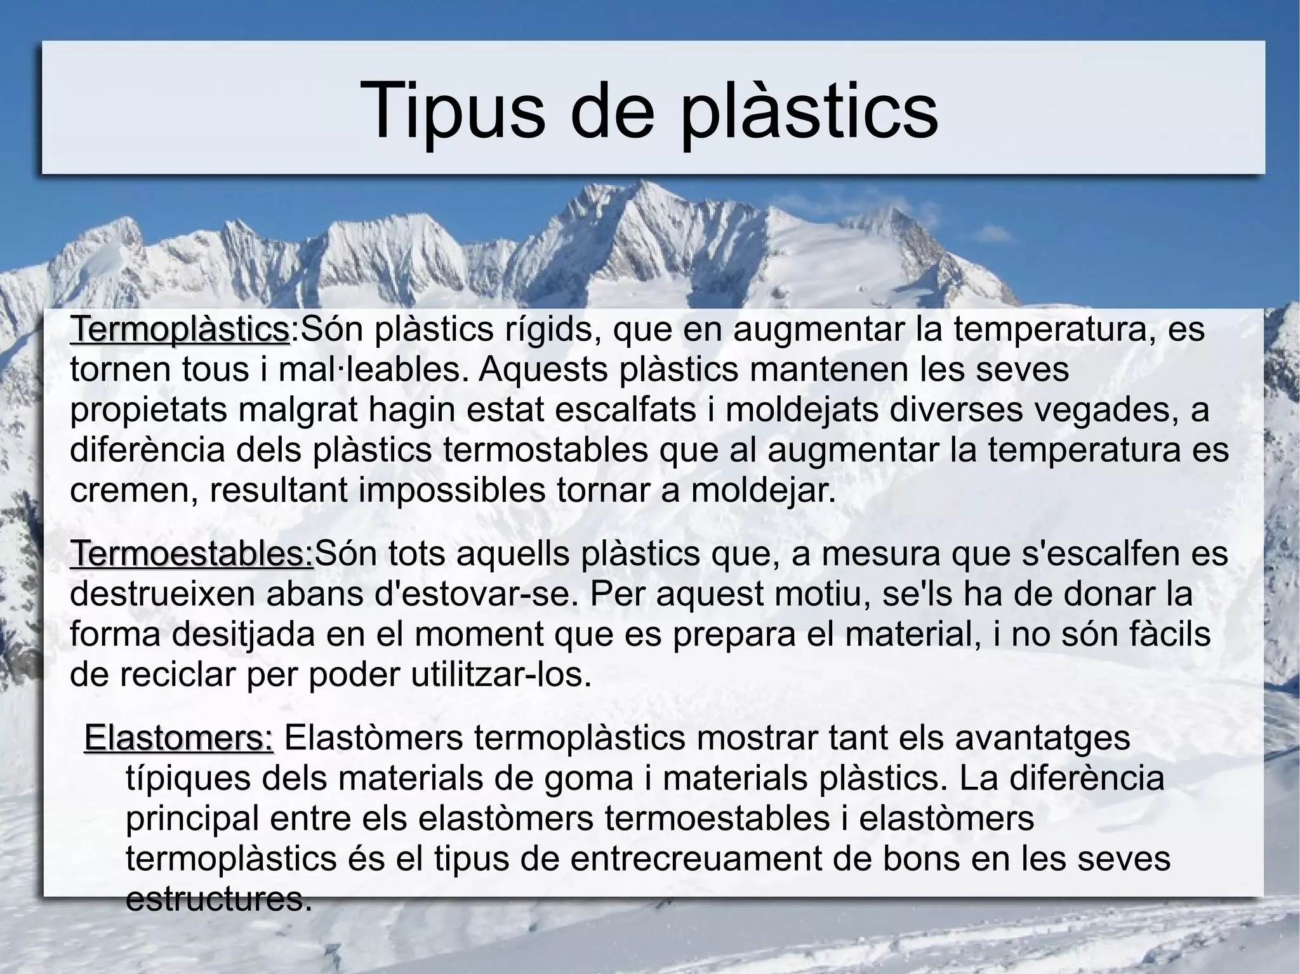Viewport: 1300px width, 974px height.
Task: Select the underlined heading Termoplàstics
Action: [180, 329]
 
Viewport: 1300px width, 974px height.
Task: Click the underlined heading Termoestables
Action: [192, 554]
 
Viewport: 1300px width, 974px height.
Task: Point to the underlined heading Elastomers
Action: [178, 738]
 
